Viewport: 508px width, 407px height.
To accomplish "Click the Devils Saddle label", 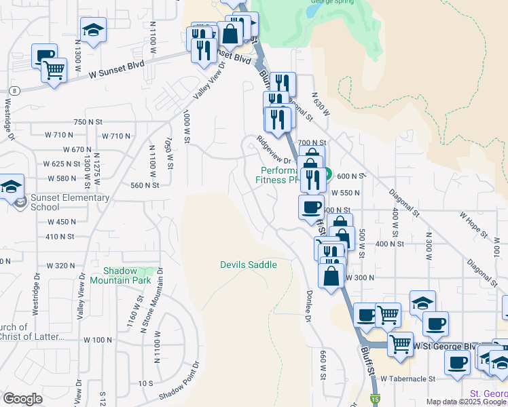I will tap(249, 265).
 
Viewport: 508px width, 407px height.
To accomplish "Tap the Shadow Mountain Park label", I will tap(122, 275).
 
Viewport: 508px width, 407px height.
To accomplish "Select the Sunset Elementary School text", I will tap(70, 202).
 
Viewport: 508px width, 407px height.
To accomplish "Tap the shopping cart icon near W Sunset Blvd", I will tap(54, 69).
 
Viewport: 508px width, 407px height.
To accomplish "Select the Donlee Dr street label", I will tap(308, 298).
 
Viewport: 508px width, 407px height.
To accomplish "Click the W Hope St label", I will tap(473, 225).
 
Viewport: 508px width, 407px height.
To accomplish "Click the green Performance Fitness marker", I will tap(326, 174).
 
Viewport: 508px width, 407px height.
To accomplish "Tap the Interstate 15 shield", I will tap(374, 400).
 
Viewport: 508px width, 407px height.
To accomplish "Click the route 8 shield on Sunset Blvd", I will tap(14, 90).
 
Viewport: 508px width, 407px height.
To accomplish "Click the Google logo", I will tap(22, 399).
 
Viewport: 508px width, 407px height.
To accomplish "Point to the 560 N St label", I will tap(144, 185).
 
